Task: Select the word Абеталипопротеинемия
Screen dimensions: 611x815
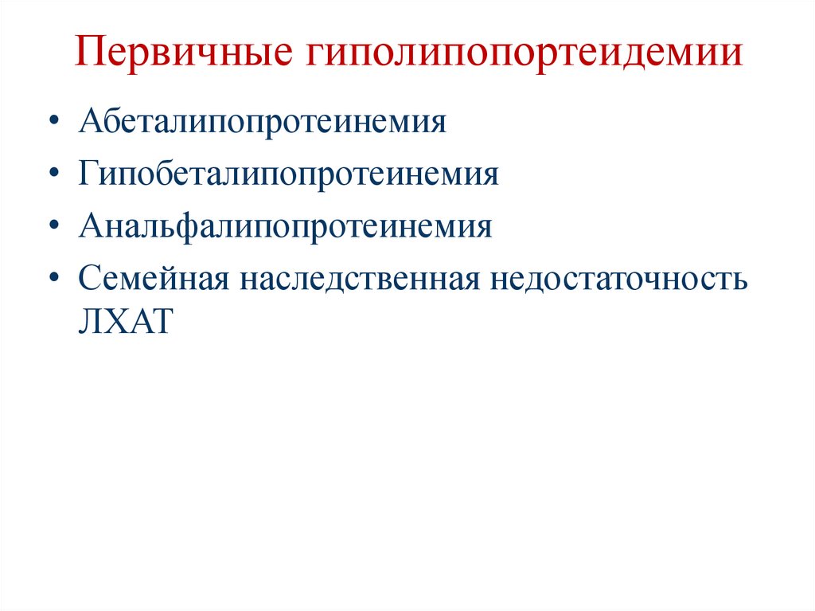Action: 261,123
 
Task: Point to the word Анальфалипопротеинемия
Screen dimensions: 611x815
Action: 285,227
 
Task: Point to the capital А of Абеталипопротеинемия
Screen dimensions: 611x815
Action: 89,123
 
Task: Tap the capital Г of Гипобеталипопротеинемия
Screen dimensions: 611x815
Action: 87,174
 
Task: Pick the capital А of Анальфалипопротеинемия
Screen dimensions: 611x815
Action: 89,226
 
